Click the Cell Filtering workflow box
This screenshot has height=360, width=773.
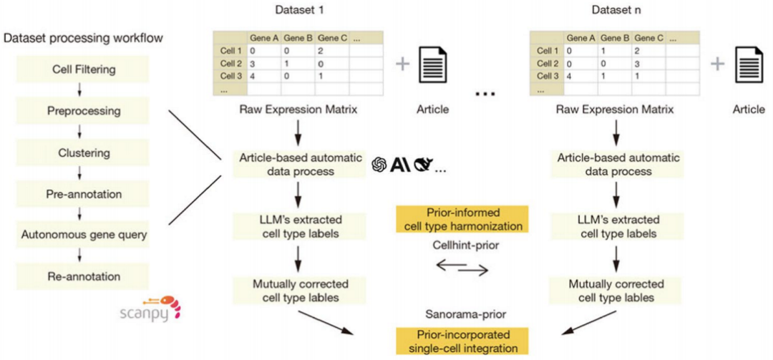[84, 69]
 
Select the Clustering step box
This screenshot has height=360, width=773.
[84, 152]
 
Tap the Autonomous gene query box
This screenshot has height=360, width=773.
[84, 235]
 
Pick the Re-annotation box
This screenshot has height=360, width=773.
[84, 276]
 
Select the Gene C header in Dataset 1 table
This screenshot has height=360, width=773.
[332, 37]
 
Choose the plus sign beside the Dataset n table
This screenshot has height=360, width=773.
[719, 64]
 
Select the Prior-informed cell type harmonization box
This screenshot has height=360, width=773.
[462, 220]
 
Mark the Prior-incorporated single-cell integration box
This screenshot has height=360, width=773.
[462, 340]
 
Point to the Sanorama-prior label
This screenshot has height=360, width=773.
[462, 314]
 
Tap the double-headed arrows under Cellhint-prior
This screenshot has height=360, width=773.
[462, 268]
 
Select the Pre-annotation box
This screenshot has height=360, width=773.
[84, 194]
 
